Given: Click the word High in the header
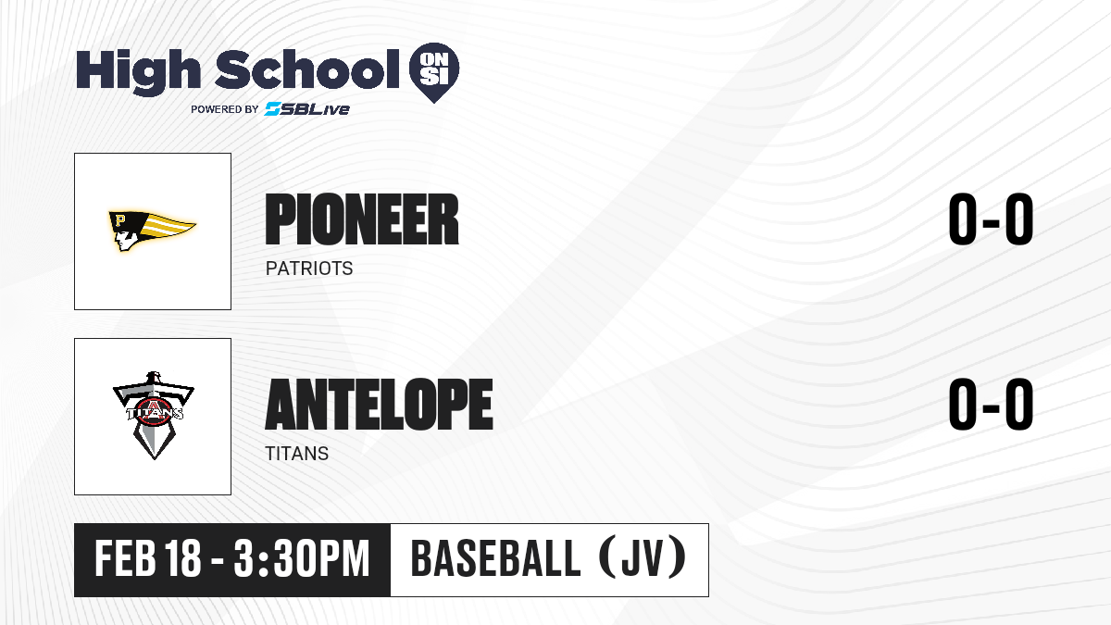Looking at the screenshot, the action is (x=138, y=71).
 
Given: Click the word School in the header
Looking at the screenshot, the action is (x=307, y=69).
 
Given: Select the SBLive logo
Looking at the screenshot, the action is (x=307, y=109).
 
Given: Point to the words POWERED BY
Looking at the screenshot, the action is (x=225, y=109).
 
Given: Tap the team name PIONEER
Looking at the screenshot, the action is (x=362, y=219).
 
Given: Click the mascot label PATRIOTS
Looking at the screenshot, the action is (x=309, y=269).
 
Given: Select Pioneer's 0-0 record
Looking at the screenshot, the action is (x=991, y=219).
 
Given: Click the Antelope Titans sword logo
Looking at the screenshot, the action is (x=154, y=416).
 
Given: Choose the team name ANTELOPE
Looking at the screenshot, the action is (x=380, y=405).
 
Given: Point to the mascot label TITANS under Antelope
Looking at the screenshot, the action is (x=296, y=454).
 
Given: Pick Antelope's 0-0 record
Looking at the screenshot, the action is (x=991, y=404).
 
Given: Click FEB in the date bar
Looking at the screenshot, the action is (x=126, y=558).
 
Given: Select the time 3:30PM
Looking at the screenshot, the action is (x=302, y=558).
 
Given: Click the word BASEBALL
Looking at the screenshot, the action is (x=495, y=558).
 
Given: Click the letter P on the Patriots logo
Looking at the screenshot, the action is (x=119, y=219).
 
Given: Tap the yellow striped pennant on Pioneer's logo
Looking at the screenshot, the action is (x=169, y=227).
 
